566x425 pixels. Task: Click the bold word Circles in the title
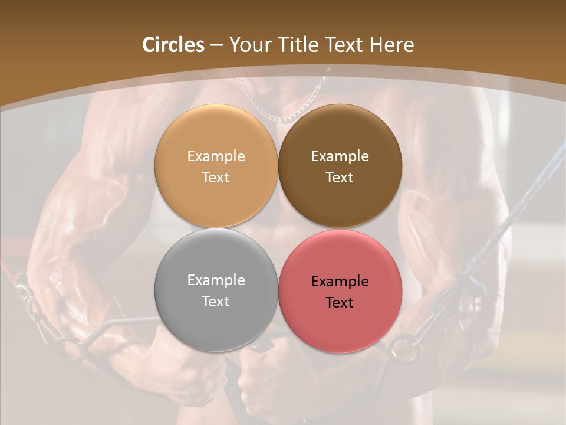173,45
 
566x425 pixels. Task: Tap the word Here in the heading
391,45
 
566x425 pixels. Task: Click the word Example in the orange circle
216,156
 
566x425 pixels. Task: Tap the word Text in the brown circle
340,178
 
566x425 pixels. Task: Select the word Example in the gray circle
216,280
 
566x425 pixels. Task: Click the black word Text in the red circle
340,303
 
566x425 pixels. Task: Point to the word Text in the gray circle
216,302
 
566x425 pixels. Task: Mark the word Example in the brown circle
340,156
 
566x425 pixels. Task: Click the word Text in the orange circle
216,178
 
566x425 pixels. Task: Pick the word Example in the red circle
340,282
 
